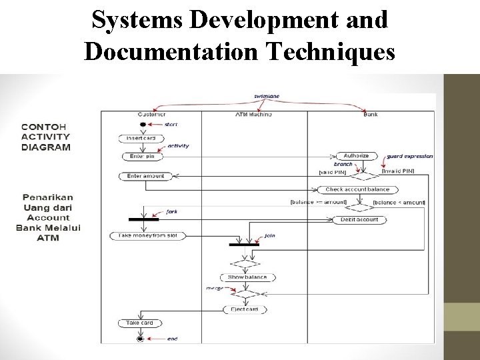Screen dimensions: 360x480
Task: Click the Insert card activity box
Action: pos(141,138)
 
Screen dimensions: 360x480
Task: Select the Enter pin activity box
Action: pos(141,157)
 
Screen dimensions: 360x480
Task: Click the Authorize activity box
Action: pos(356,156)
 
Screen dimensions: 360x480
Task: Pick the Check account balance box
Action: pos(357,189)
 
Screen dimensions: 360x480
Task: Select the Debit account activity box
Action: pos(359,219)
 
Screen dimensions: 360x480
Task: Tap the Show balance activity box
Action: pos(247,277)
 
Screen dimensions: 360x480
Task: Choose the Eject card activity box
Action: pos(244,309)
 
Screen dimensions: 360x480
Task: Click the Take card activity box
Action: pos(140,323)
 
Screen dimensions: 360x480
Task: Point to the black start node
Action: pos(142,125)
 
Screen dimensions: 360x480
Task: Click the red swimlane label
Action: pos(267,97)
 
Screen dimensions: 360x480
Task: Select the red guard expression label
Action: pos(409,156)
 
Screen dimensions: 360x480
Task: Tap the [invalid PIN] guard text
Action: pos(398,171)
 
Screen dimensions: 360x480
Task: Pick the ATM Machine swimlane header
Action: pos(253,114)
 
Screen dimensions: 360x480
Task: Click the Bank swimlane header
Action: pos(371,114)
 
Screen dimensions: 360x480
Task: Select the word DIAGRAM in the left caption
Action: pos(46,147)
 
